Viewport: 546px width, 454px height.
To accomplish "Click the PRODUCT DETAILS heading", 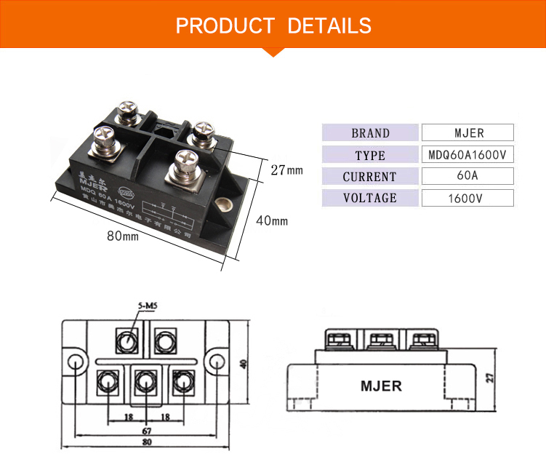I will coord(273,25).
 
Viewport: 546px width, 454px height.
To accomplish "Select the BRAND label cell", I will coord(370,133).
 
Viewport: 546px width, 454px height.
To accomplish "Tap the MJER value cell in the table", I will coord(467,133).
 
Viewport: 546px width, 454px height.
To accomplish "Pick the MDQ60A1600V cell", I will coord(467,155).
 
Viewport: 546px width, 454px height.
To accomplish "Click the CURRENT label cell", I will coord(370,177).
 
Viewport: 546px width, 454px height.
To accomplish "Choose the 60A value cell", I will coord(467,176).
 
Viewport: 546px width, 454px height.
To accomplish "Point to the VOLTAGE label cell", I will coord(370,198).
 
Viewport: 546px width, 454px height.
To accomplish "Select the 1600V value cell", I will coord(467,198).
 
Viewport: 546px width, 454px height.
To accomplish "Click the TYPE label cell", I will coord(370,155).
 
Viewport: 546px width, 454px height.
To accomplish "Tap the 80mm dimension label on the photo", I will coord(122,236).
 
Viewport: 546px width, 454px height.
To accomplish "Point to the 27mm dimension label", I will coord(286,170).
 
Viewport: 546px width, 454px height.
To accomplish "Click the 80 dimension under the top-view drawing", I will coord(148,442).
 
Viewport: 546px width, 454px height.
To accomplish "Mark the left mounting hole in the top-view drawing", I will coord(75,362).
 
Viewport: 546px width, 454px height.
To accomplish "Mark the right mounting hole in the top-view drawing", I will coord(217,362).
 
